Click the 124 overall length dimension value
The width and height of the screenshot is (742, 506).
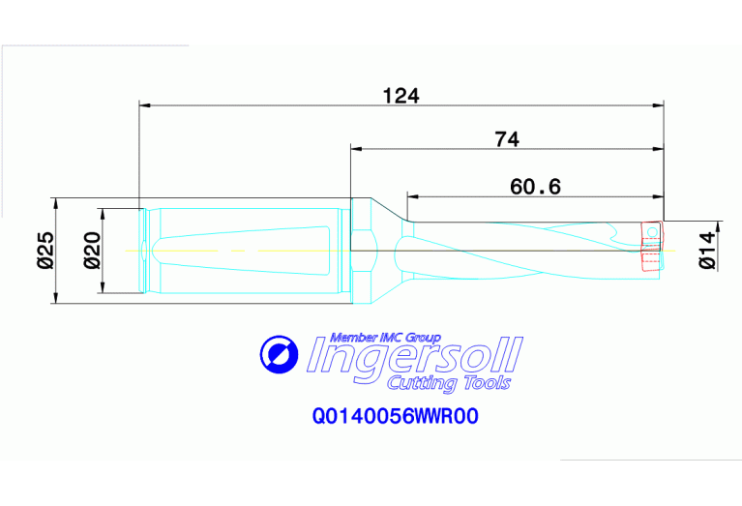click(x=401, y=95)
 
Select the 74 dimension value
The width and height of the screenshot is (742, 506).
click(x=507, y=139)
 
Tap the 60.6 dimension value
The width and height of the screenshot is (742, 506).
click(x=536, y=186)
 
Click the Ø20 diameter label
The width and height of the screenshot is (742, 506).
click(x=92, y=251)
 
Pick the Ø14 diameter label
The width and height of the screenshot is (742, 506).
click(x=707, y=249)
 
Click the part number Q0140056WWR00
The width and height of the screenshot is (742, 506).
click(x=396, y=417)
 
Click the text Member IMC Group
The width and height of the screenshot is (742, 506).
click(x=385, y=338)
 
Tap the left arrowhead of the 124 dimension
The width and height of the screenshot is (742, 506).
click(x=145, y=104)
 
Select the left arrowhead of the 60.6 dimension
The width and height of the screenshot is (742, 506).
click(x=412, y=195)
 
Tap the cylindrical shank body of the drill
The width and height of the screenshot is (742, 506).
click(x=242, y=250)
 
